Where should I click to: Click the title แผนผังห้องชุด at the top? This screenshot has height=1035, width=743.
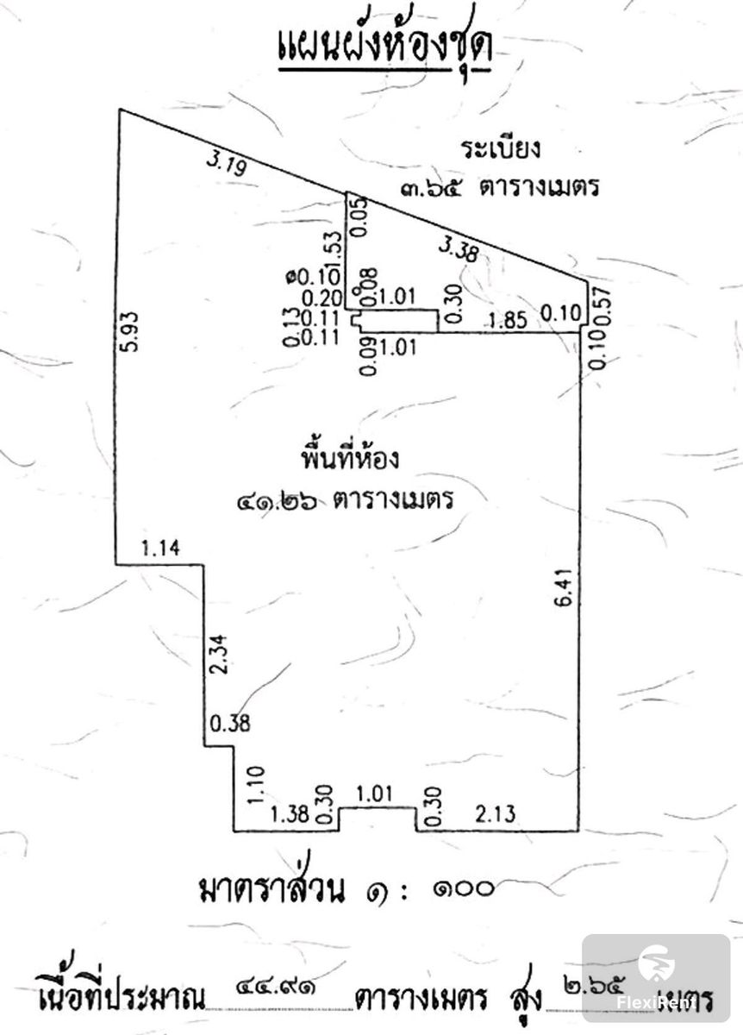(384, 50)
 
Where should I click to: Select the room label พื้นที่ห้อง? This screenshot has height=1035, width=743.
(349, 457)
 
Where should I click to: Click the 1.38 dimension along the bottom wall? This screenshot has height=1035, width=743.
(289, 814)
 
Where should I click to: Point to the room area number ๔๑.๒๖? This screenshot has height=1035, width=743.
(276, 499)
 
